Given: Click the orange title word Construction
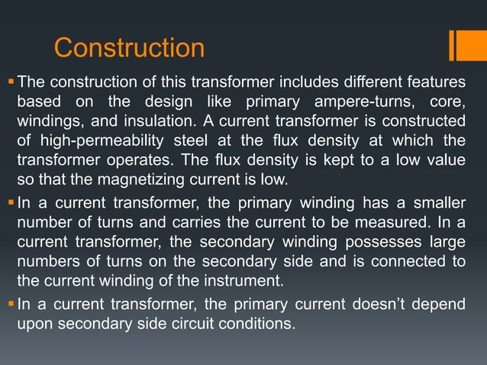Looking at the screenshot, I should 129,48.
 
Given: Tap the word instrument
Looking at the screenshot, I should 252,282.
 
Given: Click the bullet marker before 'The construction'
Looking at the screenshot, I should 10,80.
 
